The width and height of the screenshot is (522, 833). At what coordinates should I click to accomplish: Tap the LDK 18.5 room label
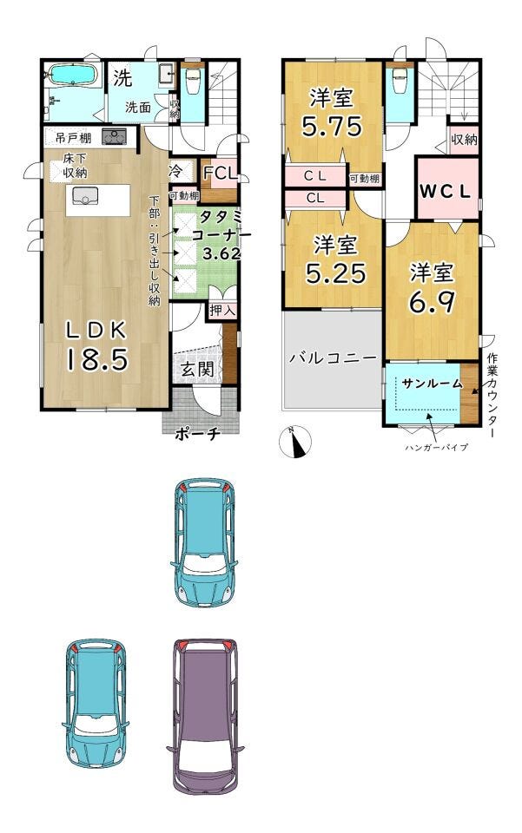[x=97, y=345]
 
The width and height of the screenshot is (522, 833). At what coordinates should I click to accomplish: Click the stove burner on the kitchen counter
[x=114, y=136]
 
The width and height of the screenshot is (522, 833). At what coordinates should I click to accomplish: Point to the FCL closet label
[x=219, y=174]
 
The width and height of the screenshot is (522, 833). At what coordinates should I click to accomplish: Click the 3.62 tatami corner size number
[x=221, y=253]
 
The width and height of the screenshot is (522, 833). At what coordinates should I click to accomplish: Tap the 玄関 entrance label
[x=198, y=369]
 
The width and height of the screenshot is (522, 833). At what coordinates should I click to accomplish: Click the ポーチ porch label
[x=197, y=434]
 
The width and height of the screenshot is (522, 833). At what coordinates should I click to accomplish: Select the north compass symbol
[x=295, y=442]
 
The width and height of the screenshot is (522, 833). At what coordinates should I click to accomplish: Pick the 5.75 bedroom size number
[x=333, y=127]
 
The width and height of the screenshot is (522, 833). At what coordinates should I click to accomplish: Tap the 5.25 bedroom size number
[x=336, y=273]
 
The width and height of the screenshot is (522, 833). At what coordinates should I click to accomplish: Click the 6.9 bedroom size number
[x=432, y=302]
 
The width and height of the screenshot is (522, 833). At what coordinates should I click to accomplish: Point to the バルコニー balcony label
[x=333, y=357]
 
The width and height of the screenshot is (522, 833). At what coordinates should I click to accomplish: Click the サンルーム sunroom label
[x=432, y=383]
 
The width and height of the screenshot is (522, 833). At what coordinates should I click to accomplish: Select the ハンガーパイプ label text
[x=436, y=448]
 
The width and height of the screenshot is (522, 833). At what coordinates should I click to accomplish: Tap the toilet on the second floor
[x=400, y=82]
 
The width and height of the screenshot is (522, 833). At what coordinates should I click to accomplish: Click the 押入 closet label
[x=222, y=311]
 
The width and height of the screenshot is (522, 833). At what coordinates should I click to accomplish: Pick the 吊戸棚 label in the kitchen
[x=73, y=138]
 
